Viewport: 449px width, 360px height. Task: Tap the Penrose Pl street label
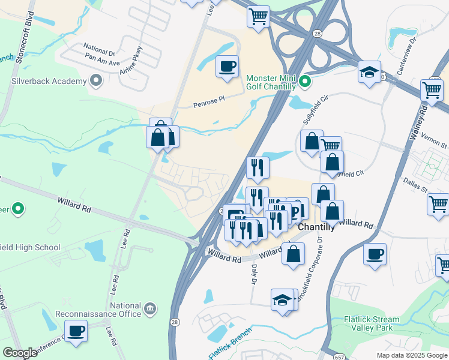pyautogui.click(x=208, y=104)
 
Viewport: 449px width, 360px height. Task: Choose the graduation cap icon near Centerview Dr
pyautogui.click(x=369, y=72)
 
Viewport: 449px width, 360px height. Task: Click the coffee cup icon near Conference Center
pyautogui.click(x=76, y=331)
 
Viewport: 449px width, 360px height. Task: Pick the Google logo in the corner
pyautogui.click(x=20, y=353)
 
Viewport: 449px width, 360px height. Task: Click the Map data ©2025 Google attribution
pyautogui.click(x=411, y=355)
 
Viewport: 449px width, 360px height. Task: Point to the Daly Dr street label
pyautogui.click(x=255, y=275)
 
